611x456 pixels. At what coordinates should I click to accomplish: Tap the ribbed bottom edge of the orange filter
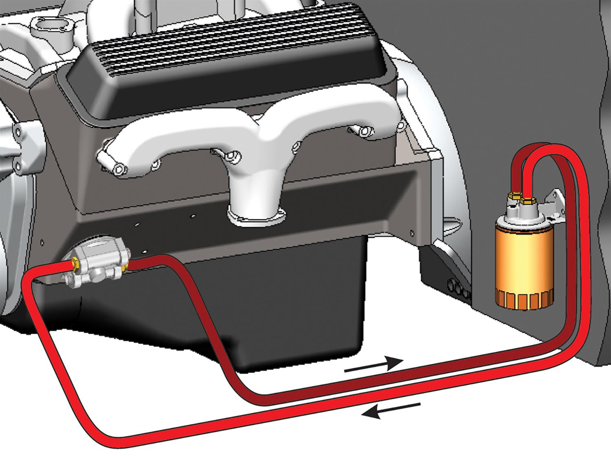pyautogui.click(x=525, y=301)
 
